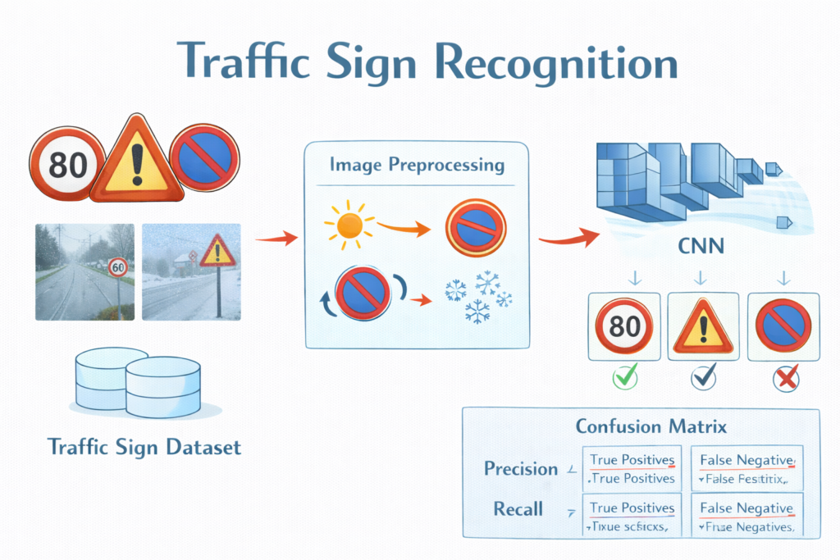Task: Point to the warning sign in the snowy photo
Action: [x=217, y=249]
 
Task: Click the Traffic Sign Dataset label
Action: [x=145, y=448]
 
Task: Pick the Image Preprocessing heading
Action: [x=417, y=165]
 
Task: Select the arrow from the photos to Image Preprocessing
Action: [x=275, y=239]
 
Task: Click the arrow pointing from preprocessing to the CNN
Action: [x=566, y=239]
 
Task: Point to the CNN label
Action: [x=700, y=246]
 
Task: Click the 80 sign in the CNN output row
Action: [x=625, y=326]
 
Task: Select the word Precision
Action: [x=520, y=468]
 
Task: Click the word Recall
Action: [x=518, y=508]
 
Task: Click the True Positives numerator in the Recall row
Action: [x=632, y=508]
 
